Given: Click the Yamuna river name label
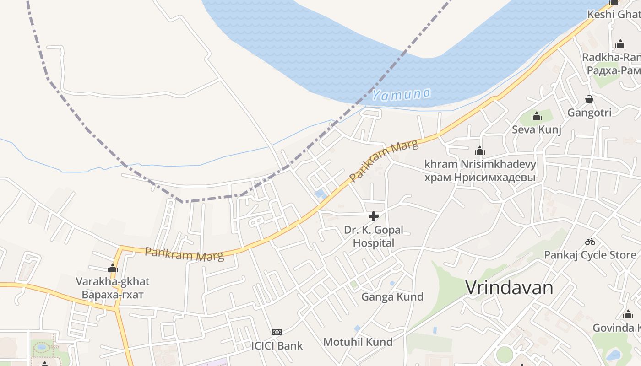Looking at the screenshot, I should (401, 94).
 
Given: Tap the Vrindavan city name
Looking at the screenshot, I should (509, 288).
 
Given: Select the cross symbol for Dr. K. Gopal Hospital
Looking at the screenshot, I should (374, 216).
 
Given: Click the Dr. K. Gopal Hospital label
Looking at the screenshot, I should (374, 236).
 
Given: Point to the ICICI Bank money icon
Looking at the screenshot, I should (277, 332).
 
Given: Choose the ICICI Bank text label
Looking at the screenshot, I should (277, 345).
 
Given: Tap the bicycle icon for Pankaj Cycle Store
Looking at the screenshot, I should (590, 242).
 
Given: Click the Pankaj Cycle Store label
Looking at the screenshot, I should (590, 255).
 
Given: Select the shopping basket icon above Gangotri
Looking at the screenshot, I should (589, 99).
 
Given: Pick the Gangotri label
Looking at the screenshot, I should (589, 113).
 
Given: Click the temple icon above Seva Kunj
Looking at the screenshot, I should (537, 117).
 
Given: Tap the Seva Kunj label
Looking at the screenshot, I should (537, 129).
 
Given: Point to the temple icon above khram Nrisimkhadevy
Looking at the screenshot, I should (480, 151).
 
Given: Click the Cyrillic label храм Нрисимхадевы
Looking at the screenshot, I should (480, 177).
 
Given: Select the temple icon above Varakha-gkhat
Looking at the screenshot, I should (113, 268).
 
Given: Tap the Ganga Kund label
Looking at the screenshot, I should (392, 297).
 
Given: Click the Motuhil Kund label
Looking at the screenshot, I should (358, 342).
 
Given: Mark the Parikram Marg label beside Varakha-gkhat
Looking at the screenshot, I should (185, 254).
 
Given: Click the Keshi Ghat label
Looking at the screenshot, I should (614, 14).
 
